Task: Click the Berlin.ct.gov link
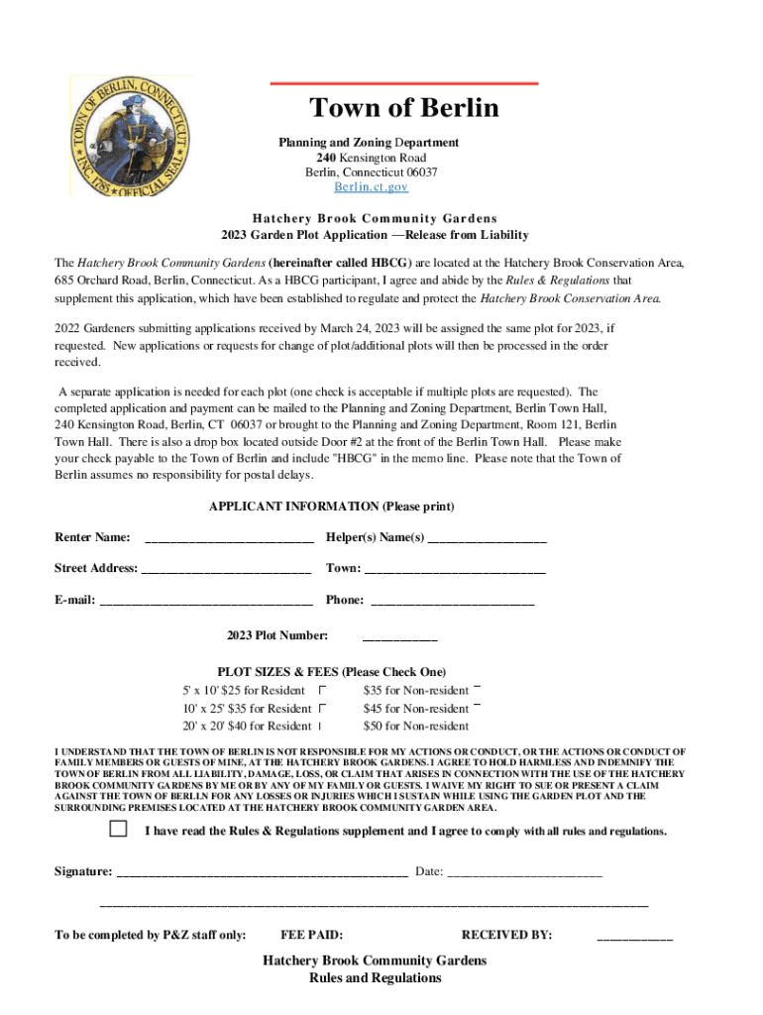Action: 369,187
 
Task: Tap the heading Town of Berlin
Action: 403,108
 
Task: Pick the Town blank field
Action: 455,570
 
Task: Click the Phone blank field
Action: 452,601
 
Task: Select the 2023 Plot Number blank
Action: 400,636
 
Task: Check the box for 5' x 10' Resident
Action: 322,690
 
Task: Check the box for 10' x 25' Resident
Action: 322,709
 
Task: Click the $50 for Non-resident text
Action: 416,727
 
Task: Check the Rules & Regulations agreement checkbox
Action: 119,829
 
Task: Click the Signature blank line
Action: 263,872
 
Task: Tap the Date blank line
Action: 524,872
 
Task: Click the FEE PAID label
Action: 312,935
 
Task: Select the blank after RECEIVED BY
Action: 634,936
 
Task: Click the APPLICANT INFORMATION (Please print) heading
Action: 331,507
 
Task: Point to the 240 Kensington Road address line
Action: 371,158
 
